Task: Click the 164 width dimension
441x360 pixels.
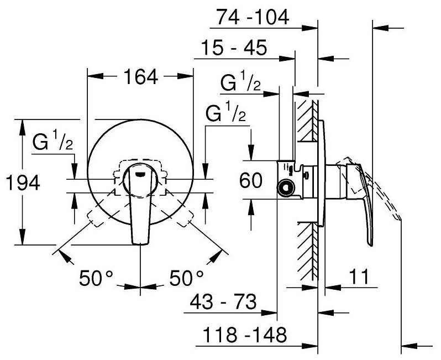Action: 140,77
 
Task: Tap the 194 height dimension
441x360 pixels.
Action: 23,182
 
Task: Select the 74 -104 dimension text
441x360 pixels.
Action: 253,17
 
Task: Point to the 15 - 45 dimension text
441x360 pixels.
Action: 234,48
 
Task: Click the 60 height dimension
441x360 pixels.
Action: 251,180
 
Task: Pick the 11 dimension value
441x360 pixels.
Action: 359,276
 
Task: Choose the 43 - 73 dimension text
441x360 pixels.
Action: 223,302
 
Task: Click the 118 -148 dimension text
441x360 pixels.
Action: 245,335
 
